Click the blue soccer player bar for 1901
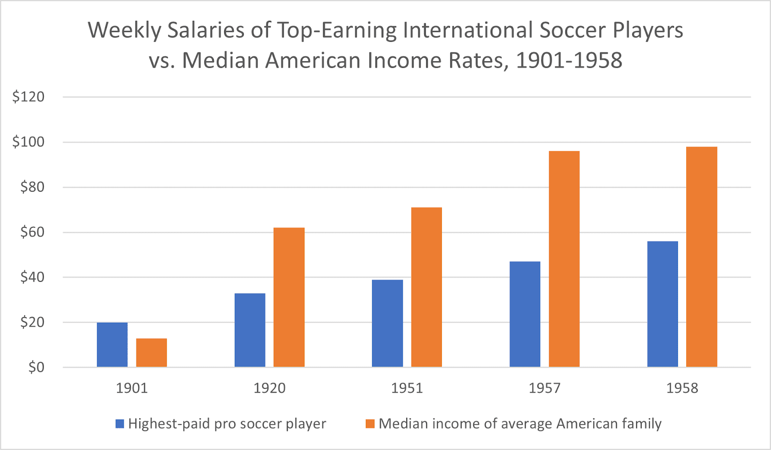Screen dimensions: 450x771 tap(112, 345)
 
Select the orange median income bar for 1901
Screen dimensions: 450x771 tap(151, 353)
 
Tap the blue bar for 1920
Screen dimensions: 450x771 tap(250, 331)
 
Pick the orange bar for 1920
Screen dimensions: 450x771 tap(289, 297)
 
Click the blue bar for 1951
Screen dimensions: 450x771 tap(387, 323)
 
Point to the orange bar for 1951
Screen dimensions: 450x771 tap(426, 287)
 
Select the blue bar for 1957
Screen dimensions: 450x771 tap(525, 314)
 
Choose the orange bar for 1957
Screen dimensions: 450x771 tap(564, 259)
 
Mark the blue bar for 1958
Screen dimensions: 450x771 tap(663, 304)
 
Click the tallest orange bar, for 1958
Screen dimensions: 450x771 tap(702, 257)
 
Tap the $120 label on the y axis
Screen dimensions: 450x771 tap(28, 97)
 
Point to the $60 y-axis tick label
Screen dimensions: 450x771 tap(32, 232)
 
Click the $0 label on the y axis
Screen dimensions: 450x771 tap(36, 368)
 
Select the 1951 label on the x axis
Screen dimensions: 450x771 tap(407, 388)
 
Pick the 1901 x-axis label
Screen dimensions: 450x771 tap(132, 388)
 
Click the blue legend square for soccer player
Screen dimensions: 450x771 tap(120, 424)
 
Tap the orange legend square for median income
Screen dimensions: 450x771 tap(370, 424)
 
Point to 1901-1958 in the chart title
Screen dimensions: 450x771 tap(569, 61)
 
